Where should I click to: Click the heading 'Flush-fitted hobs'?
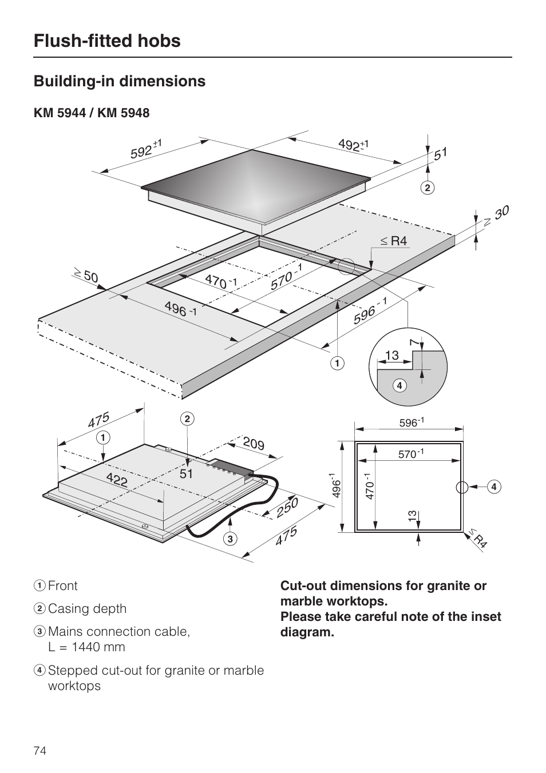(107, 41)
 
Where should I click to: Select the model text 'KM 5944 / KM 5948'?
(92, 113)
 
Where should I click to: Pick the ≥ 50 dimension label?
(85, 276)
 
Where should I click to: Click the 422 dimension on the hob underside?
(116, 479)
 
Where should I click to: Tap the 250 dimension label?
(287, 507)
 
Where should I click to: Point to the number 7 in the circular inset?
(413, 342)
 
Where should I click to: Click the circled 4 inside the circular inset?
(399, 385)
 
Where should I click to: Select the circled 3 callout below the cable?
(230, 539)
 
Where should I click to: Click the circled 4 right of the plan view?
(493, 487)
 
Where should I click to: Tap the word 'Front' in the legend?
(62, 586)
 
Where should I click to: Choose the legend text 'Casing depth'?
(87, 609)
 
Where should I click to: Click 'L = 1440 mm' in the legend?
(86, 647)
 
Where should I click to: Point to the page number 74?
(40, 751)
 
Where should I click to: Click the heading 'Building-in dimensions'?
(120, 81)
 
